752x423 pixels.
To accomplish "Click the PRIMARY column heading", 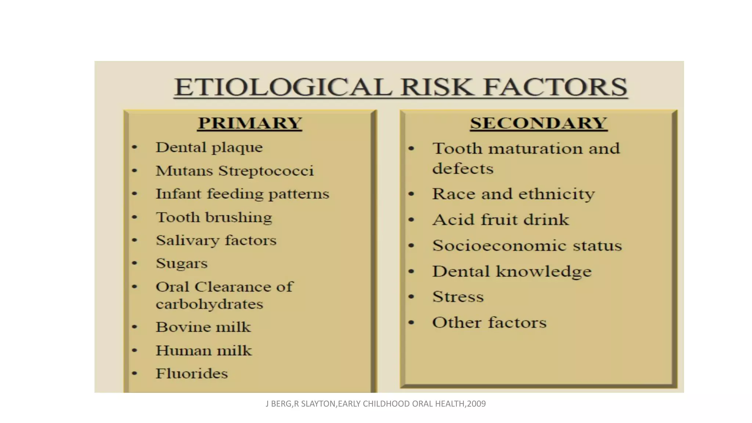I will point(250,123).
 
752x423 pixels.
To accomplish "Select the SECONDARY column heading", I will point(538,123).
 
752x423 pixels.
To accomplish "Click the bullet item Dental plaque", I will point(209,148).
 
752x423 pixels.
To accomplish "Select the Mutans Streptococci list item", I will point(235,171).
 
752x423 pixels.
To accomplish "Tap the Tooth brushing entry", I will point(214,217).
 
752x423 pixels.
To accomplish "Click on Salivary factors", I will point(216,241).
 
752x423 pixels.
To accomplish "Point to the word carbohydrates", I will point(209,304).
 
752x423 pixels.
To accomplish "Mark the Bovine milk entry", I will point(203,327).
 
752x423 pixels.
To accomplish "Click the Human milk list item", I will point(204,351).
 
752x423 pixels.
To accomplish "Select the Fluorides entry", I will point(192,374).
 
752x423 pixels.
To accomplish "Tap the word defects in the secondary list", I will point(463,169).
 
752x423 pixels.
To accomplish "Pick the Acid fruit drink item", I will point(500,220).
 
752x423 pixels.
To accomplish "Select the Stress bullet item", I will point(458,297).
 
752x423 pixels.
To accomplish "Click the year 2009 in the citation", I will point(476,404).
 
